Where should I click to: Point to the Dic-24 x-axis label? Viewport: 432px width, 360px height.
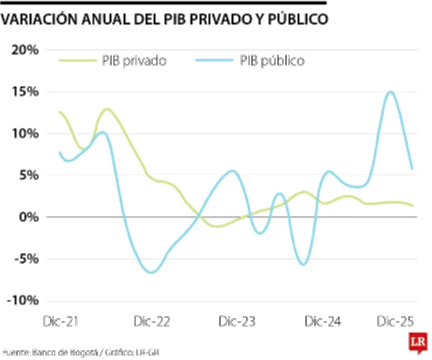pos(323,322)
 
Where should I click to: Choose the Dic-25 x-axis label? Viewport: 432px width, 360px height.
pos(396,322)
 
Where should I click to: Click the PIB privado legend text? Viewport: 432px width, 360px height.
pos(134,61)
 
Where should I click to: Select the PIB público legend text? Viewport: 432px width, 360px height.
pos(272,61)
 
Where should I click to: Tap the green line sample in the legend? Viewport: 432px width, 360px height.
pos(77,61)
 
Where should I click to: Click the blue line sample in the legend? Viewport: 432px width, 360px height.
pos(214,61)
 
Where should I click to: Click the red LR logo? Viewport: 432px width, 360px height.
pos(417,344)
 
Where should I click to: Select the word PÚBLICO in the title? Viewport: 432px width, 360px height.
pos(295,19)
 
